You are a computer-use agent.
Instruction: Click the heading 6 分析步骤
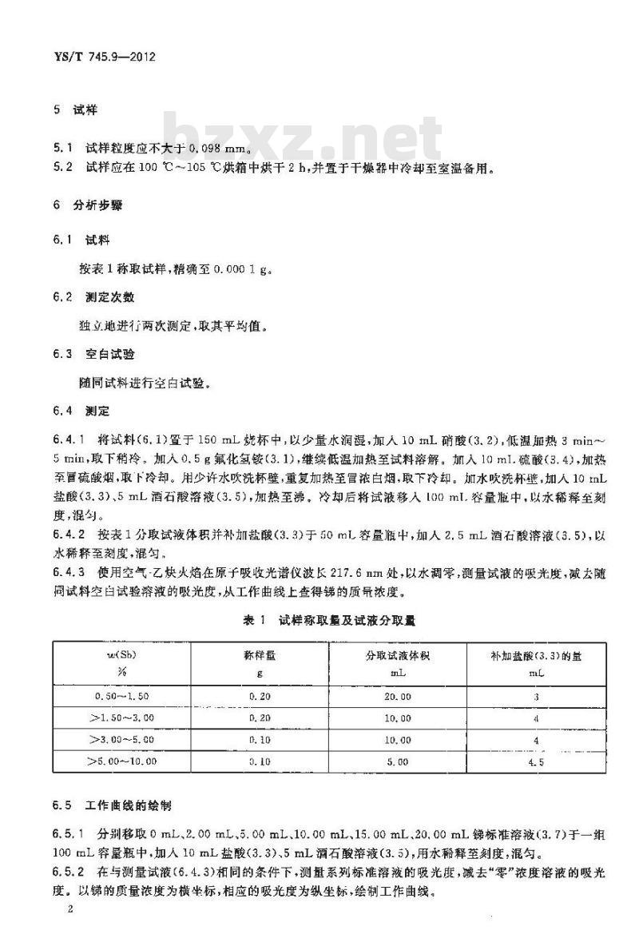click(x=87, y=205)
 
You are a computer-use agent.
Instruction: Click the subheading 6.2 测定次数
click(x=99, y=296)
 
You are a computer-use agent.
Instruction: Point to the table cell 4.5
click(x=535, y=762)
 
